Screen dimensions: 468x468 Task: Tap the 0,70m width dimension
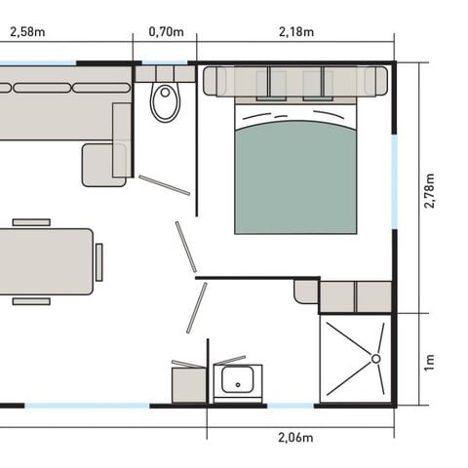coord(166,32)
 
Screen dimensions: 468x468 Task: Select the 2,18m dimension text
coord(295,32)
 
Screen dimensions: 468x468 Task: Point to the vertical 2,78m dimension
coord(430,187)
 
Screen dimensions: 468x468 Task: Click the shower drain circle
coord(373,358)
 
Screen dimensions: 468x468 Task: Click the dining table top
coord(44,260)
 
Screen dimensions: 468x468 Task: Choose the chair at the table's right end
coord(99,260)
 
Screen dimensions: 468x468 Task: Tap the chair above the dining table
coord(31,221)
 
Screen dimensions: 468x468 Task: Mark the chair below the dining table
coord(31,300)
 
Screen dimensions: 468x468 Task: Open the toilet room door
coord(163,185)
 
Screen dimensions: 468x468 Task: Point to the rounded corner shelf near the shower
coord(306,291)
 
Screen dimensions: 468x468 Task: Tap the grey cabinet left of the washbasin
coord(187,383)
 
